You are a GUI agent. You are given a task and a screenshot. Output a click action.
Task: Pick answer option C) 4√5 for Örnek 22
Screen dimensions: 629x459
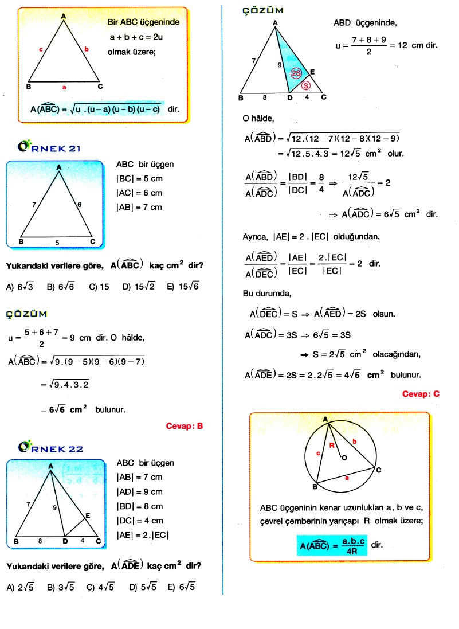[x=100, y=587]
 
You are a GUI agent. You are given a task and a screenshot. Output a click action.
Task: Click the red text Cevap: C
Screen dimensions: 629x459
[x=421, y=394]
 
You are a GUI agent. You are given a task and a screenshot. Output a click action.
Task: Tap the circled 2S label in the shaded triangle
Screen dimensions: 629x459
[x=296, y=73]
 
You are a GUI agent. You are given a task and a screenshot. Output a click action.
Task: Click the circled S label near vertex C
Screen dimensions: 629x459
[x=306, y=85]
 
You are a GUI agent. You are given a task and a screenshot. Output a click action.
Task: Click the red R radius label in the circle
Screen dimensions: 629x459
[x=331, y=445]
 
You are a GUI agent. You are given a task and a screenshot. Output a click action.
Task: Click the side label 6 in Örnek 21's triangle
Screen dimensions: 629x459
[x=80, y=204]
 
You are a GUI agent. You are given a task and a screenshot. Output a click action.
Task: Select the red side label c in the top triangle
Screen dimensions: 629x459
[x=41, y=50]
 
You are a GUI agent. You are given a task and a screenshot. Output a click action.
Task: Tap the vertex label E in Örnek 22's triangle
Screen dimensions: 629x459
[x=88, y=516]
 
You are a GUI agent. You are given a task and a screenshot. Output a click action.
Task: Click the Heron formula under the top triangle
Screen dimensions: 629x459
[x=96, y=108]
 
